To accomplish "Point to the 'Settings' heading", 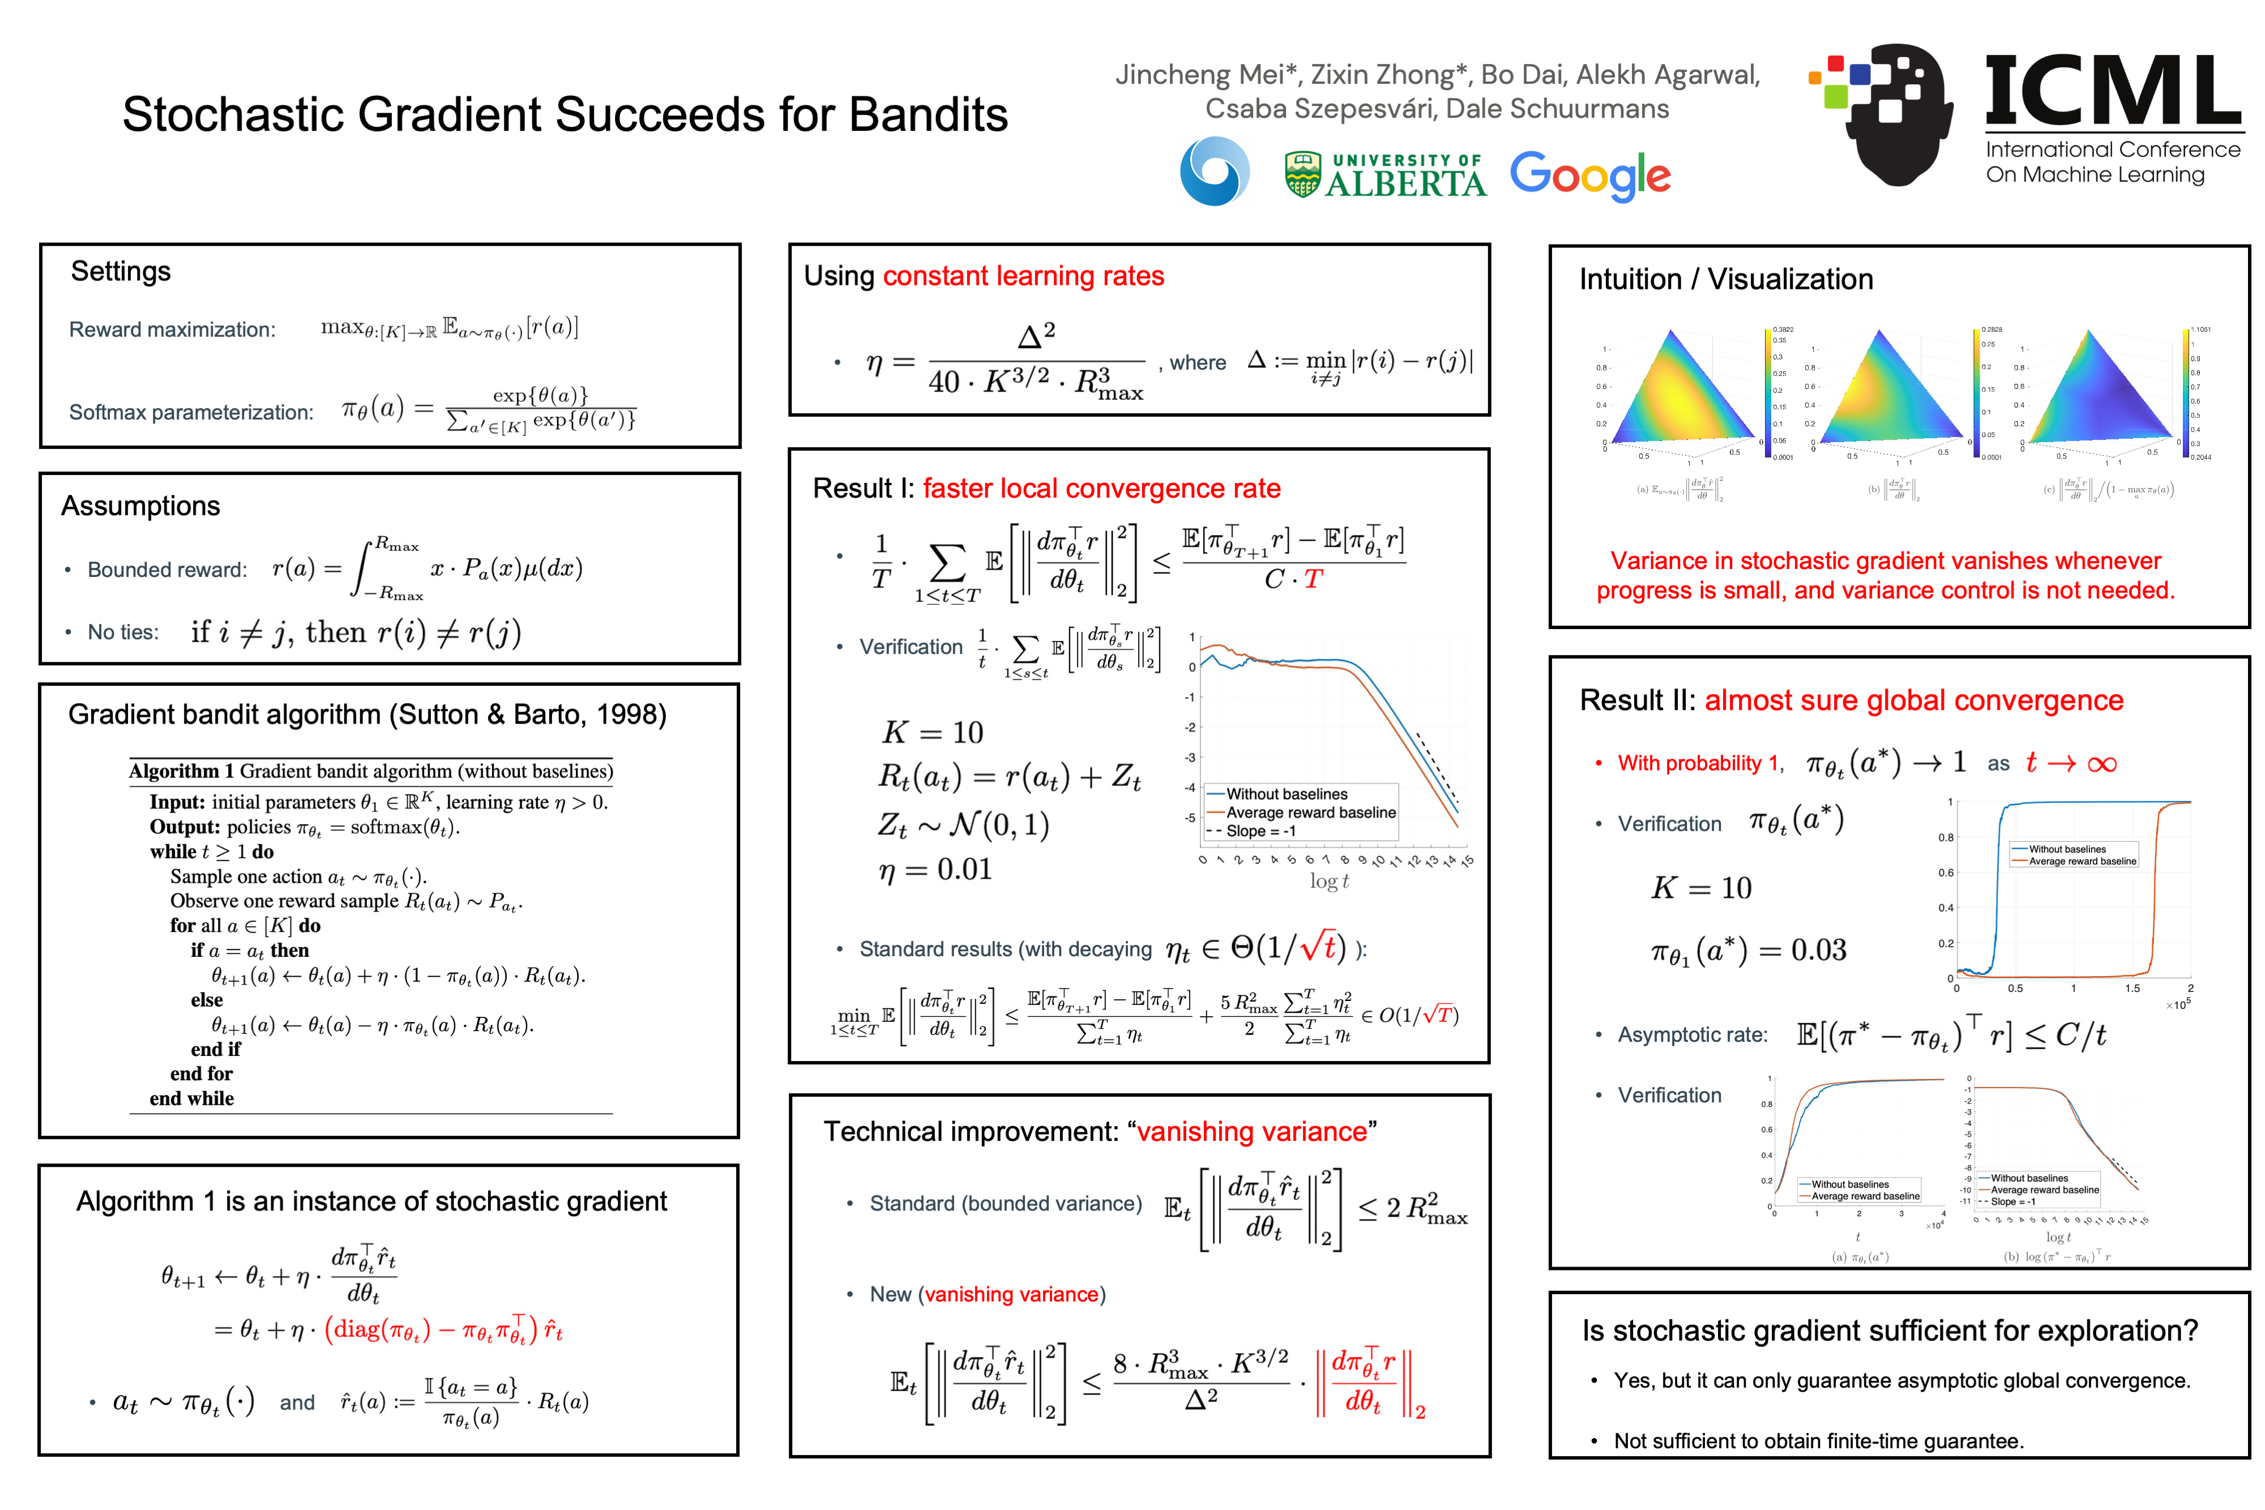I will click(121, 272).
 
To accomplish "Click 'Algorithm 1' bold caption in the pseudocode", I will click(181, 771).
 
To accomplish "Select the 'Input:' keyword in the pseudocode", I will click(177, 802).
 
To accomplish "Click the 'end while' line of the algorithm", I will click(191, 1099).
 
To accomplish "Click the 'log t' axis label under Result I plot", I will click(1329, 881).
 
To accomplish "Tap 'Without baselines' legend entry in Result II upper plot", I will click(2067, 849).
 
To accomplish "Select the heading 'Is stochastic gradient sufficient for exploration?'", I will click(1890, 1331).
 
